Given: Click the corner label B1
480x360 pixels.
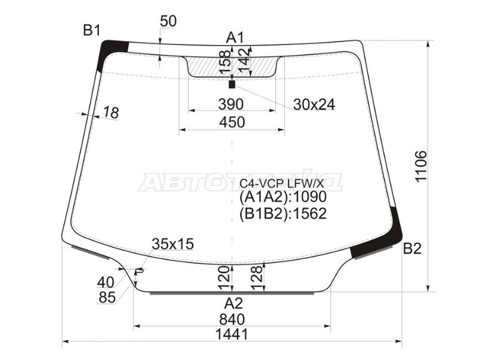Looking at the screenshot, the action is (92, 31).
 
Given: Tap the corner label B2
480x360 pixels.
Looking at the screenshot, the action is (412, 248).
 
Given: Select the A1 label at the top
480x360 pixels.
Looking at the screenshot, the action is (235, 38).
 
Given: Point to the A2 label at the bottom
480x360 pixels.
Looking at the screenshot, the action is (233, 304).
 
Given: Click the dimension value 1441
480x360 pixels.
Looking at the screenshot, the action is (232, 335).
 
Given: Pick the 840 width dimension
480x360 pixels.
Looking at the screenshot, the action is (232, 320).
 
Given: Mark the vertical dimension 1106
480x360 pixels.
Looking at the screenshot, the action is (421, 166).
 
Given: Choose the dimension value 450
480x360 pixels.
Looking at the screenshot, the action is (232, 122).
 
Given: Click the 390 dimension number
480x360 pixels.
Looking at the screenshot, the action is (231, 104).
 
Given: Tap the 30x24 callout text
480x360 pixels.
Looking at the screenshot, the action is (314, 104).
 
